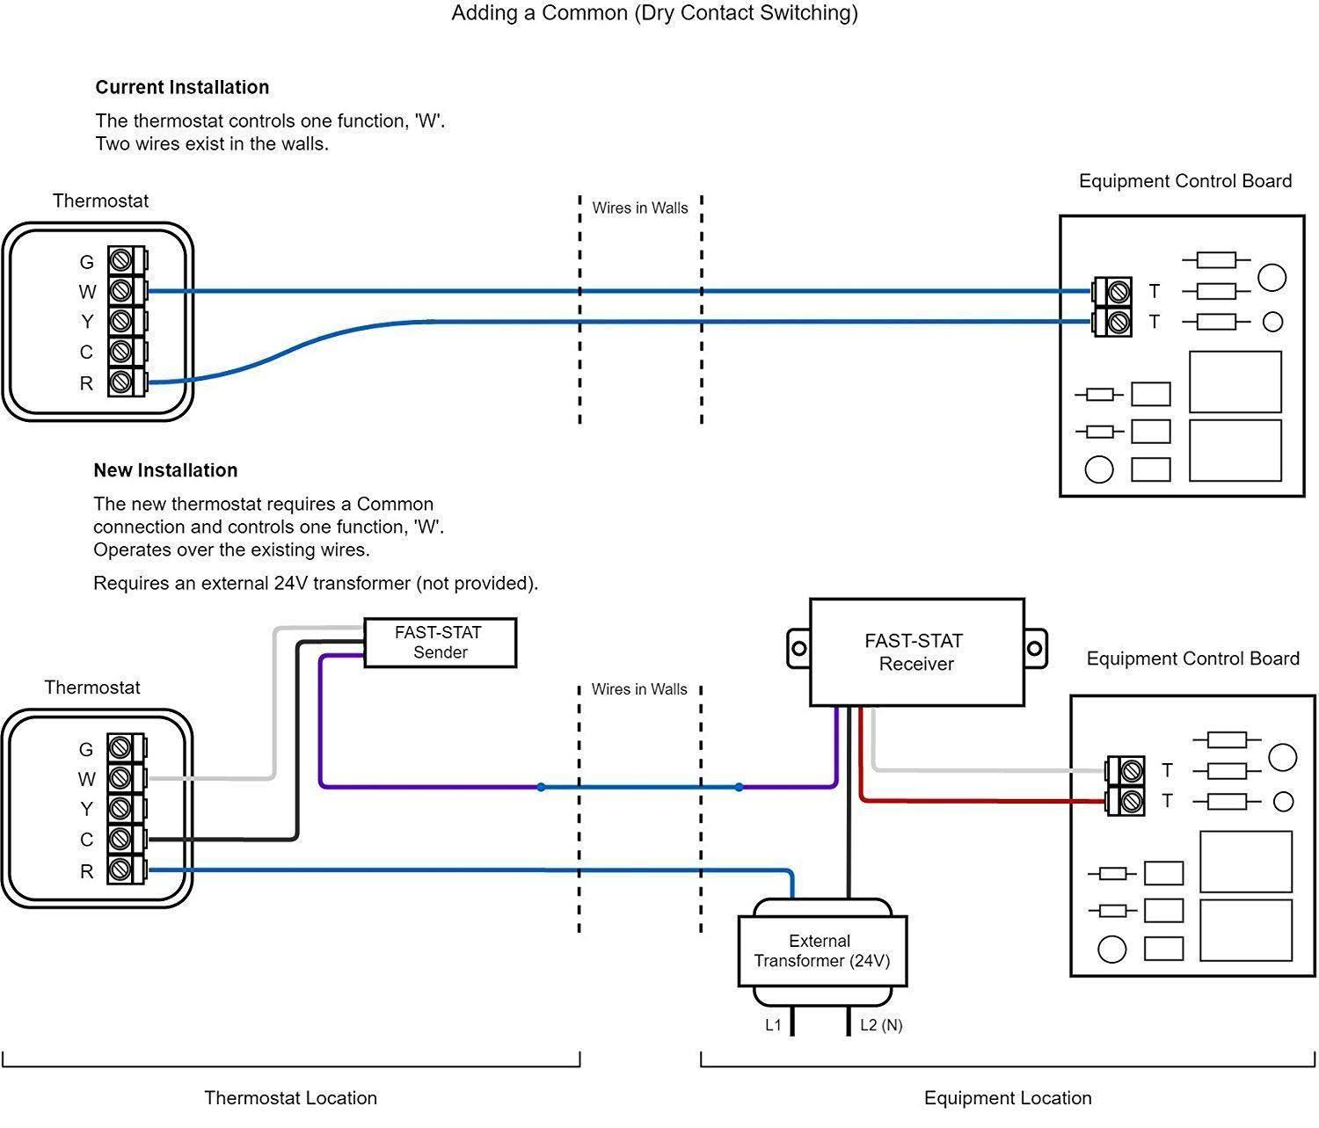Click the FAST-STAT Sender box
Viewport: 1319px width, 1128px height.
[440, 643]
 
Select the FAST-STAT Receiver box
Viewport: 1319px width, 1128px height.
[916, 652]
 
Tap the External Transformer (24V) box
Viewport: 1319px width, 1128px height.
[821, 951]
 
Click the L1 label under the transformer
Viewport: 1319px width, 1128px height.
[773, 1025]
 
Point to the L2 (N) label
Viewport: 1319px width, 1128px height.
[881, 1025]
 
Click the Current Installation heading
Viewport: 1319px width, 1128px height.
[182, 87]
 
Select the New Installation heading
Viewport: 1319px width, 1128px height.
[165, 470]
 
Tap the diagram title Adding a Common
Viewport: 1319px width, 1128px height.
[654, 13]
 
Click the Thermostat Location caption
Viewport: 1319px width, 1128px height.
[290, 1098]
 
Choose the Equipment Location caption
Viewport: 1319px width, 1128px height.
[1008, 1098]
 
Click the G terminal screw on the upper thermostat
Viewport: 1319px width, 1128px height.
[120, 261]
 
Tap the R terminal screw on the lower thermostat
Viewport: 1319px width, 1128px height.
[120, 870]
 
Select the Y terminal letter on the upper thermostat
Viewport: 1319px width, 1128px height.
[87, 322]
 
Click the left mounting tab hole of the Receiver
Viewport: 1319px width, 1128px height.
[798, 649]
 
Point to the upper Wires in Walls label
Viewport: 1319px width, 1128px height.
[640, 208]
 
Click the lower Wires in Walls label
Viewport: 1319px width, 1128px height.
[639, 689]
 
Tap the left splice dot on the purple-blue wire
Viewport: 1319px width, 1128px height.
[541, 787]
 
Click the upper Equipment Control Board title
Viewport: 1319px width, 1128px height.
[1184, 181]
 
